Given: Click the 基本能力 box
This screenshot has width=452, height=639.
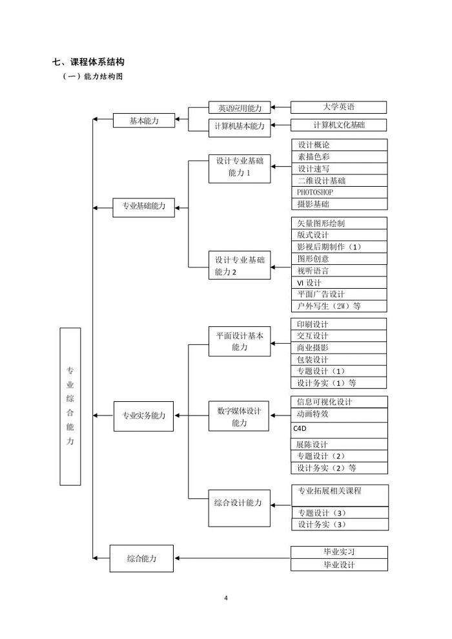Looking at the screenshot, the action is click(x=144, y=120).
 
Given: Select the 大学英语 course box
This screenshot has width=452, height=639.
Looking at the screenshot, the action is click(x=338, y=107).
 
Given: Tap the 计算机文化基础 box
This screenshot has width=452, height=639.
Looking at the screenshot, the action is click(x=338, y=125).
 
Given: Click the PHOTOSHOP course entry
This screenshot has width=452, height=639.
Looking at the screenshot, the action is click(x=339, y=193).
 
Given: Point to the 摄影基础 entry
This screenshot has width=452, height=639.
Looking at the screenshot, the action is click(x=339, y=204).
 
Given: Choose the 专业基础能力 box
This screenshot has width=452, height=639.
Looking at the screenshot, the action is click(x=144, y=207).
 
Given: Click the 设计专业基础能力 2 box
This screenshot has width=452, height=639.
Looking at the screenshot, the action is click(x=240, y=266).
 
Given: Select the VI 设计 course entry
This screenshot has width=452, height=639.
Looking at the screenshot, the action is click(x=339, y=282).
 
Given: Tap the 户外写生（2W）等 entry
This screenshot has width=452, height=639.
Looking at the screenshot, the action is click(x=339, y=306).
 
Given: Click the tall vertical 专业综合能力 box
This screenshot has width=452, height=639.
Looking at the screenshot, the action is click(x=70, y=406).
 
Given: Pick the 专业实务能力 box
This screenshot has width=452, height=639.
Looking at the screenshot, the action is click(x=143, y=416).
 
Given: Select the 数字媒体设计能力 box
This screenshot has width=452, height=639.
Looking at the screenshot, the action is click(x=239, y=416).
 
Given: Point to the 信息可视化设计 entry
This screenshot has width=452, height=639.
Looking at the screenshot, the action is click(x=339, y=402).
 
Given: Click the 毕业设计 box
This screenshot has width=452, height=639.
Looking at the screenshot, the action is click(x=339, y=565).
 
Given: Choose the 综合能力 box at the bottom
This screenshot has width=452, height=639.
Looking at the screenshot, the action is click(x=141, y=558).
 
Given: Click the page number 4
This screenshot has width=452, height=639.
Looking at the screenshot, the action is click(x=226, y=598).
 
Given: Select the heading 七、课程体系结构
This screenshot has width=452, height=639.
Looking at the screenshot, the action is click(x=88, y=62).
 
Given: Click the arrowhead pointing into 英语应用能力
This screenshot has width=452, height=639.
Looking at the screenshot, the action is click(x=273, y=107).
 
